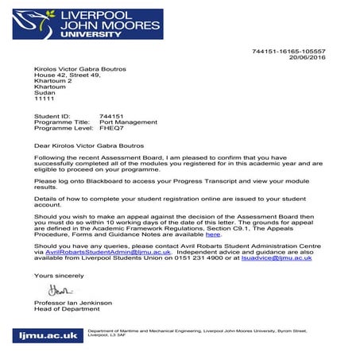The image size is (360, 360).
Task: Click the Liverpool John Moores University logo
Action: point(83,25)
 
